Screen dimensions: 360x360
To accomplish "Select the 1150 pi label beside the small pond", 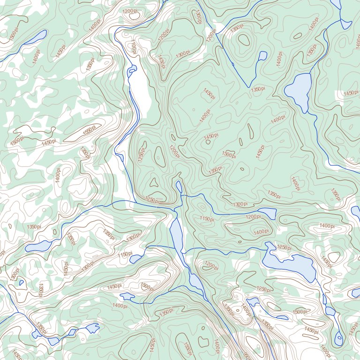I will tap(124, 254).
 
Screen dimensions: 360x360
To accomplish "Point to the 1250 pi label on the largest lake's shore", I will tap(284, 247).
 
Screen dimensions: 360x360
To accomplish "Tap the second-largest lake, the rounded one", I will tap(299, 90).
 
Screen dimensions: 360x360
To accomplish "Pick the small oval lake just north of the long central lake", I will tap(179, 187).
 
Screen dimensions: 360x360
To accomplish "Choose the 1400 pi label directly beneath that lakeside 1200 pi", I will tap(261, 232).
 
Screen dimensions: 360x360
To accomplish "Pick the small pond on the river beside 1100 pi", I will tap(131, 71).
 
